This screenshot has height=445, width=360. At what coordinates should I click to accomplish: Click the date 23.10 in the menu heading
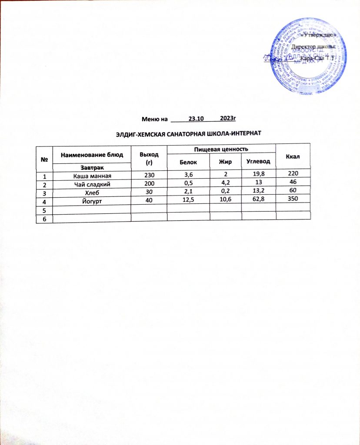197,118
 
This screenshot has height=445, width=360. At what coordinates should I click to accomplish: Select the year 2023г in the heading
227,118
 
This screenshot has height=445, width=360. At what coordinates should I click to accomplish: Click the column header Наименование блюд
92,154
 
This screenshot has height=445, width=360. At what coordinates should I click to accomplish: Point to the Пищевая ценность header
220,149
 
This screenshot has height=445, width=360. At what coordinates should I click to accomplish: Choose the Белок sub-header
188,162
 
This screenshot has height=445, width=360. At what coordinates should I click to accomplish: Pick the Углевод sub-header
258,162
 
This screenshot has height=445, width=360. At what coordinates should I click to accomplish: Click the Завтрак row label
92,166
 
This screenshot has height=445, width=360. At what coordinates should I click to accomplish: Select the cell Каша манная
92,176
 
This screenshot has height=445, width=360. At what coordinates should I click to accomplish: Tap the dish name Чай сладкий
92,184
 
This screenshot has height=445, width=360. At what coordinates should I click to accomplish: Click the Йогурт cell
92,202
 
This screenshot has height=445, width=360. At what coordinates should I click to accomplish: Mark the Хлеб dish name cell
92,193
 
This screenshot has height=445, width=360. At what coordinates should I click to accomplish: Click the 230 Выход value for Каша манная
149,176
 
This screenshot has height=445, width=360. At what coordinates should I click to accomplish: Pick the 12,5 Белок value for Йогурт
188,202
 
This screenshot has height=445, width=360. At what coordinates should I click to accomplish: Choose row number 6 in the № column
44,219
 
